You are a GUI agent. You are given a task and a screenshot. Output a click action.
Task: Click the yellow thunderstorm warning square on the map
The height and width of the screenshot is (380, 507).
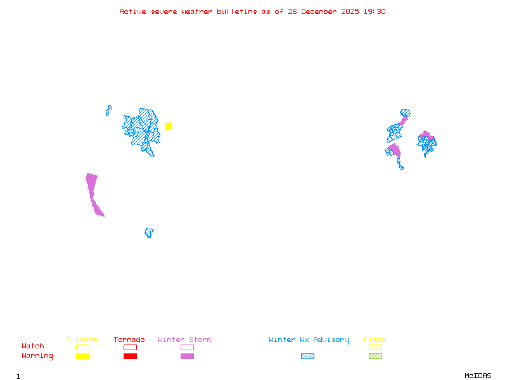tap(169, 126)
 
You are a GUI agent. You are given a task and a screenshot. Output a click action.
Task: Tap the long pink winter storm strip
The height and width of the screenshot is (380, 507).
tap(94, 193)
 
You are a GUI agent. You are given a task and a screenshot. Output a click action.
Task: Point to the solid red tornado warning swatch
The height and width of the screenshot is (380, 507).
tap(130, 356)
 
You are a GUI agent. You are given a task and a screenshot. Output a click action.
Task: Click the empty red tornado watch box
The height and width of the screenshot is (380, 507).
tap(130, 347)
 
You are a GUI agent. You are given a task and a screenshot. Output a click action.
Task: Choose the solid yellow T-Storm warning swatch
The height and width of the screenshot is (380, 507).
tap(82, 356)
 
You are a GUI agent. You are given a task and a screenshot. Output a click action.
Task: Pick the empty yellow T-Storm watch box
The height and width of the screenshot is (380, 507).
tap(82, 347)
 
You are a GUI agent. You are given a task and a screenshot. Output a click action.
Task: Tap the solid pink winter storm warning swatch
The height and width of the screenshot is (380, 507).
tap(187, 356)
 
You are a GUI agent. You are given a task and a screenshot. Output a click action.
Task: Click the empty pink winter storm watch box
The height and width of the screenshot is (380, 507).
tap(187, 347)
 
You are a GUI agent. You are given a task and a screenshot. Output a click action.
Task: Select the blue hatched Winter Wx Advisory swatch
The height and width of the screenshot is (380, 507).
tap(307, 356)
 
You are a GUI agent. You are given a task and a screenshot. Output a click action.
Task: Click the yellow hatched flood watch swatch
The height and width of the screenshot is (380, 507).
tap(375, 347)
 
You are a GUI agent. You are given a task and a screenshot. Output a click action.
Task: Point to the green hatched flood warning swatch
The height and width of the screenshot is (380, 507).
tap(375, 356)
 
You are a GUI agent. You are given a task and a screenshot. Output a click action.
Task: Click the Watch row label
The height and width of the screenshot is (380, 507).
tap(33, 346)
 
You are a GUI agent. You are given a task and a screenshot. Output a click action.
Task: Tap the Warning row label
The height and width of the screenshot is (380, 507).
tap(37, 356)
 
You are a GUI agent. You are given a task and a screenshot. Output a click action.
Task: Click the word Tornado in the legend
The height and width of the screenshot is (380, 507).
tap(129, 340)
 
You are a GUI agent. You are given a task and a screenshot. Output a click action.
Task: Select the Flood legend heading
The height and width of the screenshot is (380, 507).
tap(375, 340)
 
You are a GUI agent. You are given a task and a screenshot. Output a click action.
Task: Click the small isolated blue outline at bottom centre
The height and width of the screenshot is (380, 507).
tap(149, 232)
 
